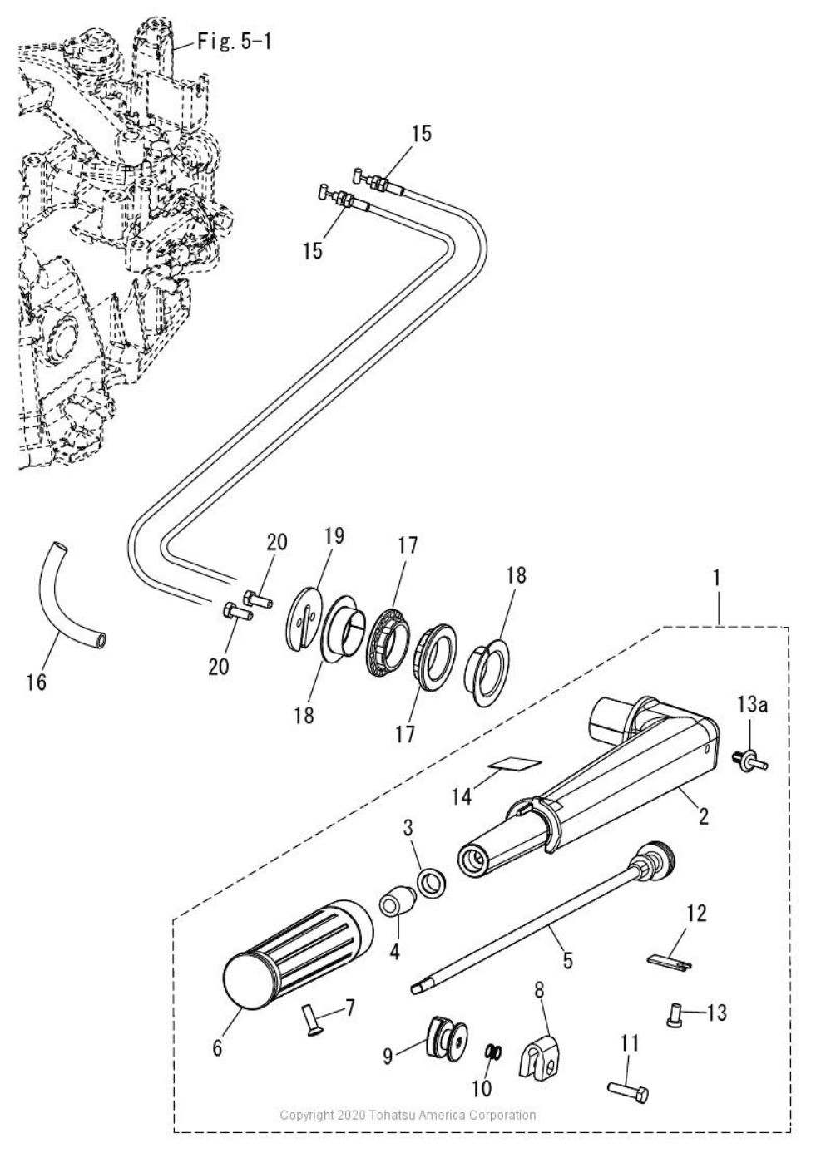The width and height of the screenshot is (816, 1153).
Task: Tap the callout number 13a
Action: click(x=751, y=706)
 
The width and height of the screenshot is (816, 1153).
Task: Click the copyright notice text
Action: click(x=408, y=1115)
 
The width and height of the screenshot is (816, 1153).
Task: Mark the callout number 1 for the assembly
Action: click(x=717, y=575)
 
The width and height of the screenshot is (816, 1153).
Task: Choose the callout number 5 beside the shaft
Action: click(x=566, y=961)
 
